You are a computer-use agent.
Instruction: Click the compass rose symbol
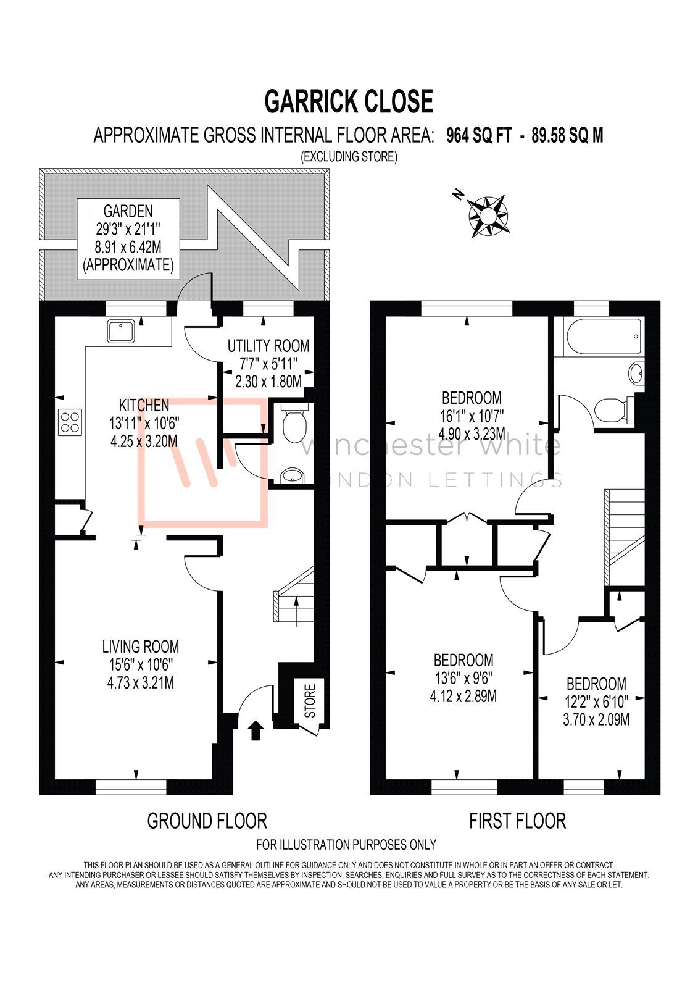[488, 216]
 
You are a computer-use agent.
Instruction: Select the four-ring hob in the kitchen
[69, 422]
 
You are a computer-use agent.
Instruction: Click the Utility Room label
[268, 346]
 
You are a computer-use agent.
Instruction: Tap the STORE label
[310, 700]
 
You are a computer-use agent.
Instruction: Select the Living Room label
[141, 647]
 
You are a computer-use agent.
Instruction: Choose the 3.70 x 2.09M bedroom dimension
[596, 719]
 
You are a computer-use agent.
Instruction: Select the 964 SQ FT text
[479, 136]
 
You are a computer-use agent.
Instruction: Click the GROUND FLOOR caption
[207, 821]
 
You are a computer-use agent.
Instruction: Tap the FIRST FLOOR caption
[517, 821]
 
